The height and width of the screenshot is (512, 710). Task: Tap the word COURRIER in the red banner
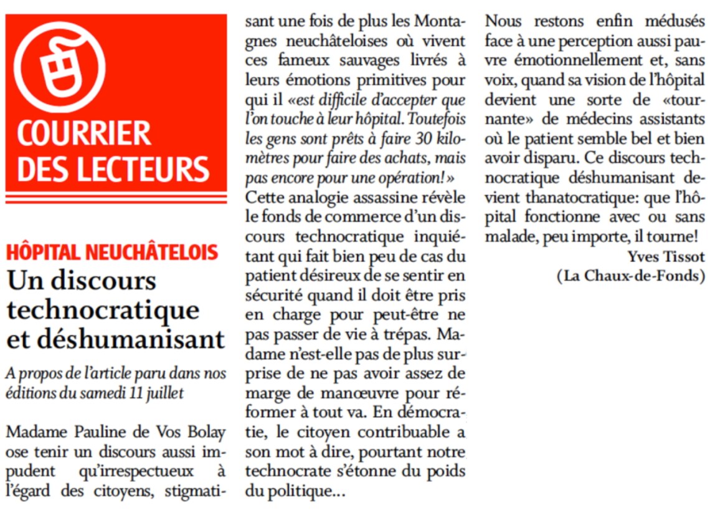[84, 133]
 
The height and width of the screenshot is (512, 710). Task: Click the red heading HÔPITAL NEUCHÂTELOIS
[113, 252]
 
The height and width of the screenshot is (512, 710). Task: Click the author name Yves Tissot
[666, 256]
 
